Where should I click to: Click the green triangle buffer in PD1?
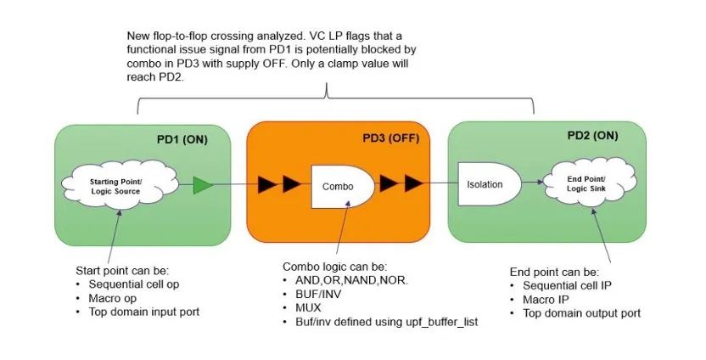pyautogui.click(x=203, y=185)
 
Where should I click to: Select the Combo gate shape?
pyautogui.click(x=343, y=187)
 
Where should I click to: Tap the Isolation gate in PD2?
pyautogui.click(x=490, y=184)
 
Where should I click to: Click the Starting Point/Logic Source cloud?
pyautogui.click(x=120, y=187)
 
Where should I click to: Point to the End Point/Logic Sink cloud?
pyautogui.click(x=590, y=183)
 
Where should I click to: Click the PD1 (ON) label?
pyautogui.click(x=182, y=140)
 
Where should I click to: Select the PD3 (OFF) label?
pyautogui.click(x=391, y=138)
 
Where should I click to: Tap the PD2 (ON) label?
pyautogui.click(x=592, y=136)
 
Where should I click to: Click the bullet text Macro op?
pyautogui.click(x=113, y=298)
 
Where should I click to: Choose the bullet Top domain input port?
pyautogui.click(x=144, y=312)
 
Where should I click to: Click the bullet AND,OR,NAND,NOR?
pyautogui.click(x=352, y=280)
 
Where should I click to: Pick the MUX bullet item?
pyautogui.click(x=308, y=308)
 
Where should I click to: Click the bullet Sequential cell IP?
pyautogui.click(x=568, y=285)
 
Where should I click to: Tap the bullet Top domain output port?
pyautogui.click(x=582, y=313)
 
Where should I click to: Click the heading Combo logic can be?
pyautogui.click(x=335, y=267)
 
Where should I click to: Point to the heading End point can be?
pyautogui.click(x=554, y=273)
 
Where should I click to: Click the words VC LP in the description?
pyautogui.click(x=318, y=36)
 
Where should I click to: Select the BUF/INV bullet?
pyautogui.click(x=318, y=295)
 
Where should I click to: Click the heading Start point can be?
pyautogui.click(x=122, y=271)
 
